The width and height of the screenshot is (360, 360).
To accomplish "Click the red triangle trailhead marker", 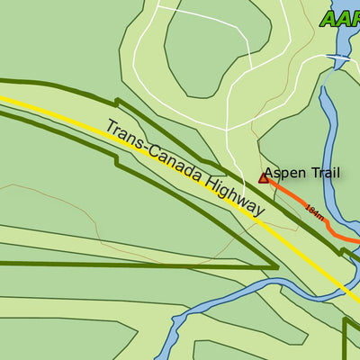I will pos(264,178).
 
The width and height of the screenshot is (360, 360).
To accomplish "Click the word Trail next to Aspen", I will pos(324,173).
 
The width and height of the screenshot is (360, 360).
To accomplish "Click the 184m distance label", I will pos(314,212).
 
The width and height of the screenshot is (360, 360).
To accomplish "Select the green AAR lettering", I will pos(340,19).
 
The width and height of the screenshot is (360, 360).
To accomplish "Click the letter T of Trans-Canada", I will pos(110,127).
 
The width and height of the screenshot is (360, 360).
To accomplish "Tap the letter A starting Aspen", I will pos(269,173).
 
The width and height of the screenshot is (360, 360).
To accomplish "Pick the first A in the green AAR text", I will pos(328,19).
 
